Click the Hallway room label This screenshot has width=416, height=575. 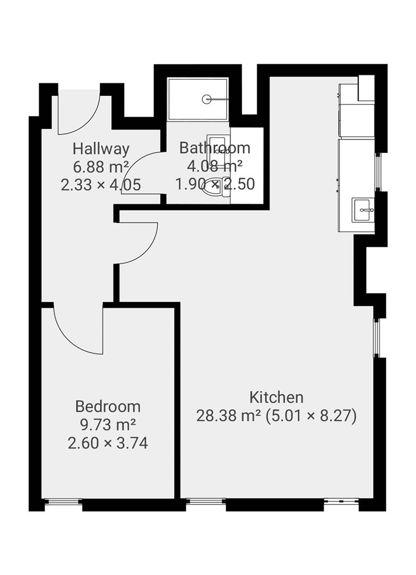point(101,148)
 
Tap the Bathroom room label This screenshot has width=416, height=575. point(215,148)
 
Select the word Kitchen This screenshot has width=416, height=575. point(276,397)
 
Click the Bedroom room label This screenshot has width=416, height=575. point(108,407)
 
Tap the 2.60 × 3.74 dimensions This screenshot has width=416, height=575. point(108,442)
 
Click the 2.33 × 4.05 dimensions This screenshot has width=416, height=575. point(101,185)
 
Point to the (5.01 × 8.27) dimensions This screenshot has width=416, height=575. point(312,416)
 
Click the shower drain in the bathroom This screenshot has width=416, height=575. point(207,99)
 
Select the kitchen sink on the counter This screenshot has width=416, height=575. point(363,210)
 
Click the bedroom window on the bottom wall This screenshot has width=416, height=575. point(63,501)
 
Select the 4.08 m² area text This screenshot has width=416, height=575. point(215,166)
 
